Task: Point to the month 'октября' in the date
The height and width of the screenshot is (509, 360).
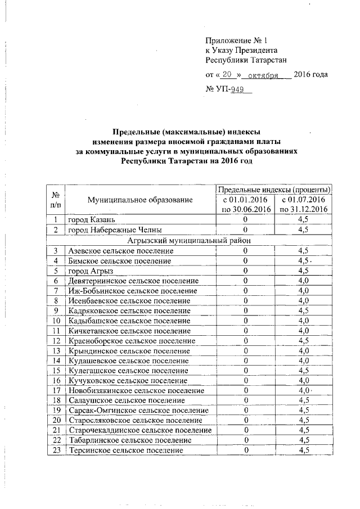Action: (263, 75)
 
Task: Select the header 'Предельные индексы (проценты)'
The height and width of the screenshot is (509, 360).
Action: (274, 190)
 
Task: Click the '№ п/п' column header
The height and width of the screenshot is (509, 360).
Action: (56, 200)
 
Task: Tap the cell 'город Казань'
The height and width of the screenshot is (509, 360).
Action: (92, 220)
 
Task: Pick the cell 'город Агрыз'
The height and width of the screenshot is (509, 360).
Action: (90, 270)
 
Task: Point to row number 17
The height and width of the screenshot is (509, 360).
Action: (56, 390)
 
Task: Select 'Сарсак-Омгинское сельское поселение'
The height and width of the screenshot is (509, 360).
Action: (138, 411)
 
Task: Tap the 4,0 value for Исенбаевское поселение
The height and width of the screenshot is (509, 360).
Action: (304, 300)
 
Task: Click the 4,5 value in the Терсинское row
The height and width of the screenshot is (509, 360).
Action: (304, 451)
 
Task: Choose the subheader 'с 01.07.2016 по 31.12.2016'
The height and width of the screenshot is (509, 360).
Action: (304, 205)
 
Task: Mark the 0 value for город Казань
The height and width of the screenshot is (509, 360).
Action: (245, 220)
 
